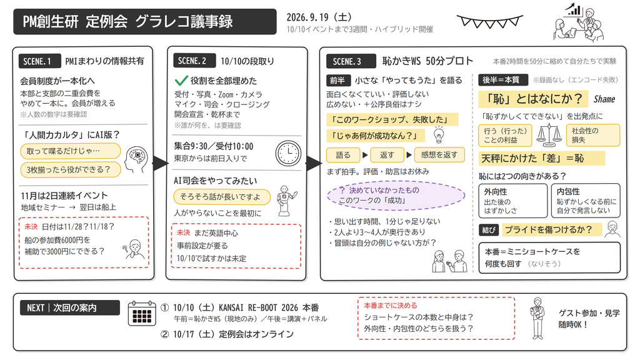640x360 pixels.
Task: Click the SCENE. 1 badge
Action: [x=39, y=61]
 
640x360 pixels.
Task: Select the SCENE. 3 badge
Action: [x=351, y=61]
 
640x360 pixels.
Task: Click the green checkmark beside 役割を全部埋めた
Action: [x=181, y=81]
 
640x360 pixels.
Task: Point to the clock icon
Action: [x=288, y=153]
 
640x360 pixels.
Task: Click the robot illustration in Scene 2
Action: [x=286, y=200]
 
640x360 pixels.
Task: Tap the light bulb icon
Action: [x=439, y=135]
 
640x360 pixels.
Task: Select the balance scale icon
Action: [x=549, y=136]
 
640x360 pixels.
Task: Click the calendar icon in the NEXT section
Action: [x=142, y=314]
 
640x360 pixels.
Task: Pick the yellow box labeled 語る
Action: [x=343, y=155]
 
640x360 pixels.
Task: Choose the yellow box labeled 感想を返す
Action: [x=439, y=155]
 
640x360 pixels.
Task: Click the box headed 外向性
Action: [x=512, y=201]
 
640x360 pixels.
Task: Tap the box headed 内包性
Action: [x=586, y=201]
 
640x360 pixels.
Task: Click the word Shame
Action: [x=604, y=99]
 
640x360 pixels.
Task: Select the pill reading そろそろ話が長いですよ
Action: [x=222, y=197]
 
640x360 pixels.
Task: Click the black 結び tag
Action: [x=489, y=230]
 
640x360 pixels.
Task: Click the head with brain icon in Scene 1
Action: [x=136, y=159]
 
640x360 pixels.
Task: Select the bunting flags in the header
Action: [x=489, y=22]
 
